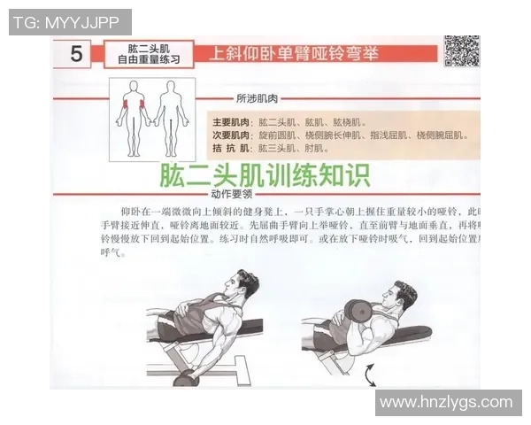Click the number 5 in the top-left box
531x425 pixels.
[x=76, y=54]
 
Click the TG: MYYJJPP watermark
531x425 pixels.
[x=70, y=22]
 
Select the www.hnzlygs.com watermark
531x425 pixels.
[x=450, y=402]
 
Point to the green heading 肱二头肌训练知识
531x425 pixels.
[x=264, y=175]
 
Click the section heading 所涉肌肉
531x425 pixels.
[x=257, y=98]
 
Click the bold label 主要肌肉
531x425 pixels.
[x=230, y=121]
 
